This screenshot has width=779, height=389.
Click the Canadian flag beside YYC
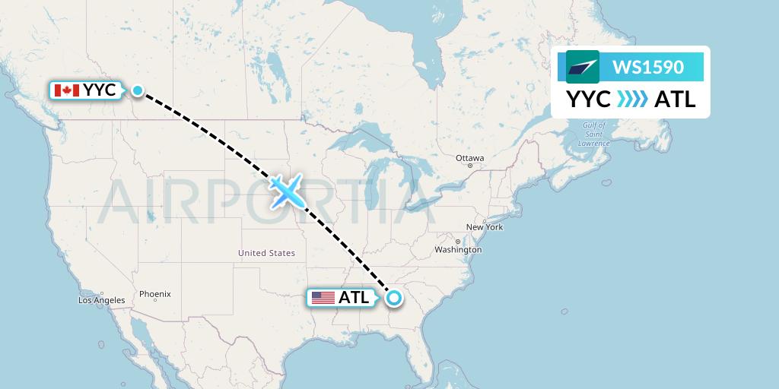(67, 90)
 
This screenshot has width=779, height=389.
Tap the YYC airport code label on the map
(100, 90)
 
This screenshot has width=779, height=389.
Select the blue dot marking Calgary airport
(137, 90)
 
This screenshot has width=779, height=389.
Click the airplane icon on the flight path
(286, 191)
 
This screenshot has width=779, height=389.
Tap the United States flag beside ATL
(323, 298)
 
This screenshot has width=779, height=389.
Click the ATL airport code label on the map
(354, 298)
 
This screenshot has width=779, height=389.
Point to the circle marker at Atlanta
(393, 298)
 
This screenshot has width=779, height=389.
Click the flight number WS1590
(648, 67)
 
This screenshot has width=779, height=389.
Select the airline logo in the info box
(583, 67)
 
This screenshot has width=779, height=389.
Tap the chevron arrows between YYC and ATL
(632, 100)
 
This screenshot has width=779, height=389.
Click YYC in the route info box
(588, 100)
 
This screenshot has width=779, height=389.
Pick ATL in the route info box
(675, 100)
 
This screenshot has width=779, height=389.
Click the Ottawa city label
(469, 158)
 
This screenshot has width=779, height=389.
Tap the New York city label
(485, 227)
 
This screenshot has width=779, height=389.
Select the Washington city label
(458, 249)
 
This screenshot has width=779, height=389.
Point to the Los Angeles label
(101, 300)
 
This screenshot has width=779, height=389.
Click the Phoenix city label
(155, 294)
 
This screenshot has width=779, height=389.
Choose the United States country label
(266, 253)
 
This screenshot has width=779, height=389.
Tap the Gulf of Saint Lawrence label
(593, 134)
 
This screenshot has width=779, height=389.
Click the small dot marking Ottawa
(470, 166)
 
